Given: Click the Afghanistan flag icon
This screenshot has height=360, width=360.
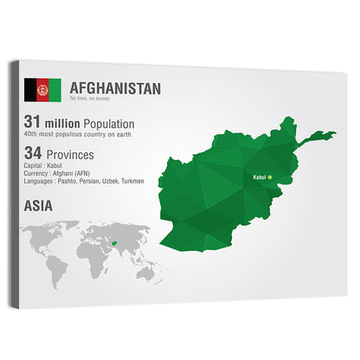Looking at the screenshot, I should [x=42, y=88].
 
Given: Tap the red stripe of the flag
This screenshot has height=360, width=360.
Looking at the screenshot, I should [x=42, y=88].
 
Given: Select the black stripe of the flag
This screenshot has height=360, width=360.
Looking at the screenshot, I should [x=30, y=88].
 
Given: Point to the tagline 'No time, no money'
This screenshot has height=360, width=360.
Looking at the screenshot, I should [x=91, y=100].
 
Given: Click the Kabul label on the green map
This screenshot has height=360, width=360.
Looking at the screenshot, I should [x=258, y=177].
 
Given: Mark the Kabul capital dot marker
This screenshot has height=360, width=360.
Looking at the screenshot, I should [x=270, y=177].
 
